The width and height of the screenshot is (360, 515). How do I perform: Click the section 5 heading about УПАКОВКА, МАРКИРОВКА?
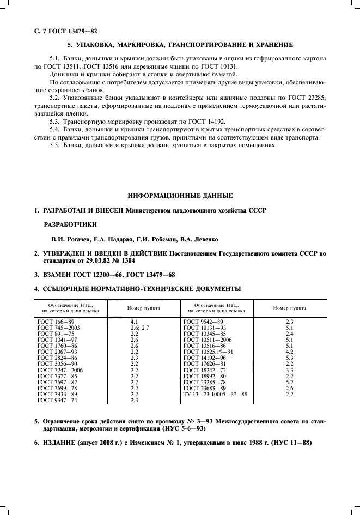pyautogui.click(x=180, y=44)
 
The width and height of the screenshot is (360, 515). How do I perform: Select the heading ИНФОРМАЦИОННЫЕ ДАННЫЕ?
pyautogui.click(x=180, y=195)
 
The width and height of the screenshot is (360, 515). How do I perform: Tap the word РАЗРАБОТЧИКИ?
pyautogui.click(x=71, y=224)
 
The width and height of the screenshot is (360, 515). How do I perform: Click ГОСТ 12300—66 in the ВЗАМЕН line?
pyautogui.click(x=102, y=275)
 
